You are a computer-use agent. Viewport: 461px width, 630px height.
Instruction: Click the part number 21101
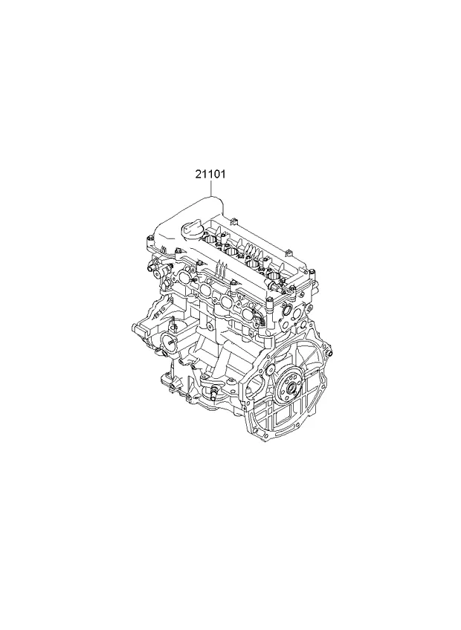point(210,175)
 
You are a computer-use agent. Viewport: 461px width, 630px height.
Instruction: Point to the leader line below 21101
point(210,188)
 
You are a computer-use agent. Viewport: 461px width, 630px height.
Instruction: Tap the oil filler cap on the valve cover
point(190,230)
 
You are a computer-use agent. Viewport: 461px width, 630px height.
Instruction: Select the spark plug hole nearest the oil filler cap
point(210,241)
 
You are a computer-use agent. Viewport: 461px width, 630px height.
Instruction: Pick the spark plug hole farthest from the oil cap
point(274,276)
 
